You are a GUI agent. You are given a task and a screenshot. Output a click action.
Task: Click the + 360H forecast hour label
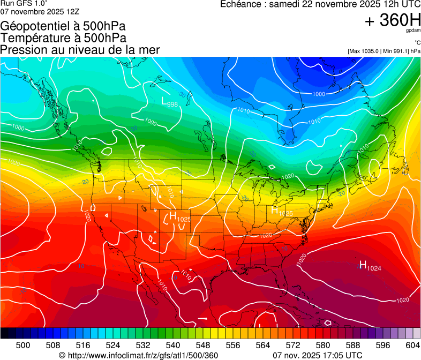393,20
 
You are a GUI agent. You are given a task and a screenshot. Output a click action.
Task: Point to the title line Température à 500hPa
64,38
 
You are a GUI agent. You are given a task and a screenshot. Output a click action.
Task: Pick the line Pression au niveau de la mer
80,50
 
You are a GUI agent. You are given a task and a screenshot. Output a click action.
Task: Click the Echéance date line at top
320,4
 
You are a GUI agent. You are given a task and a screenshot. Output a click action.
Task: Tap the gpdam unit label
412,31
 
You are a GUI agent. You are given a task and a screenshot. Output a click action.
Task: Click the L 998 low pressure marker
169,101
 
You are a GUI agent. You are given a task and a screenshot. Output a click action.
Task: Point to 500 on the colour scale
23,344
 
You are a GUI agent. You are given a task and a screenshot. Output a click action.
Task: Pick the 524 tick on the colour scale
113,344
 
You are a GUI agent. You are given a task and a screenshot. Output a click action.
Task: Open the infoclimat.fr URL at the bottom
138,355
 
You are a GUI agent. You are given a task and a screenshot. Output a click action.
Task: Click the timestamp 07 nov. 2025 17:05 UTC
318,355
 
